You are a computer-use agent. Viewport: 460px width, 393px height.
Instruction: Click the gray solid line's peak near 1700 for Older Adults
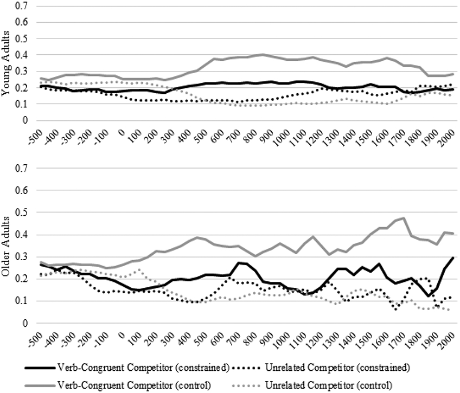coord(404,218)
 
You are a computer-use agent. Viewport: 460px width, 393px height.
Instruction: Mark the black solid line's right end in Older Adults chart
coord(453,257)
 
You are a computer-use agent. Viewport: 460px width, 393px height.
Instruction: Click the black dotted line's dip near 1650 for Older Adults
coord(396,309)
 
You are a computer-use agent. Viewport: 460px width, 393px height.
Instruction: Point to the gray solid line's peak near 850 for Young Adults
coord(263,54)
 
